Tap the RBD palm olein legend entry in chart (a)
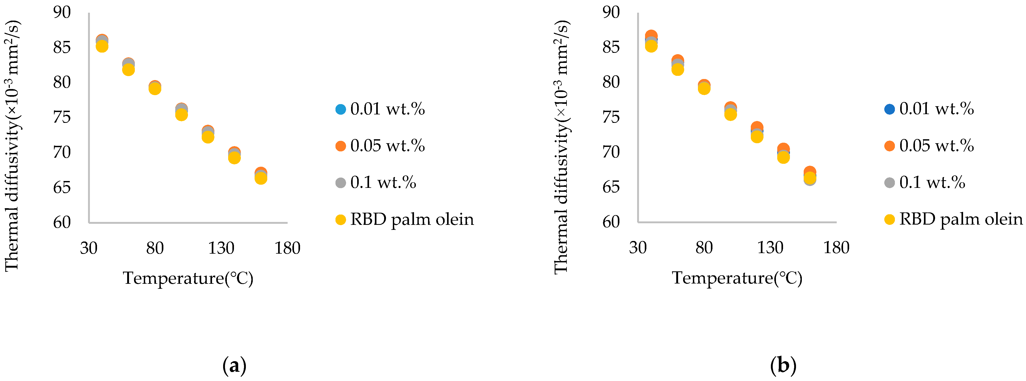tap(404, 219)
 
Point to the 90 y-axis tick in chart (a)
tap(62, 12)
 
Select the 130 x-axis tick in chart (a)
tap(221, 248)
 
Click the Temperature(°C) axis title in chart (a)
tap(188, 278)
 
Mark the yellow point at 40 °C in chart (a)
tap(102, 47)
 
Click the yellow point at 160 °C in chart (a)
tap(261, 178)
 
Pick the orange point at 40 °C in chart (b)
tap(651, 35)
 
